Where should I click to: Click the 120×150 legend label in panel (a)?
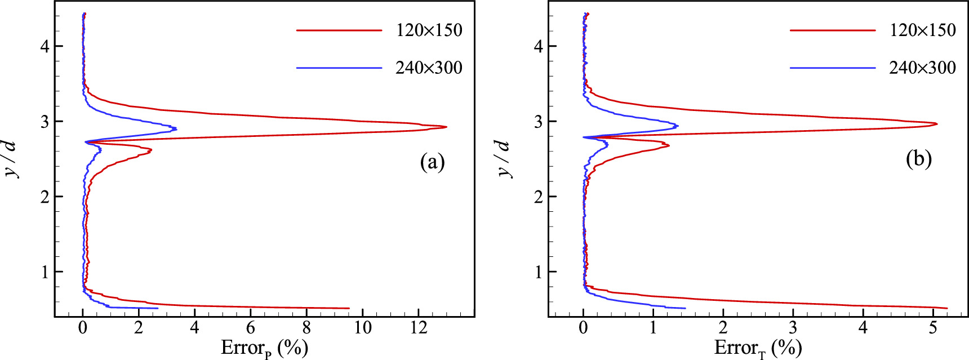[429, 30]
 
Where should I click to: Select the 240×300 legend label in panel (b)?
[922, 68]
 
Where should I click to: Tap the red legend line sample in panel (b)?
[833, 30]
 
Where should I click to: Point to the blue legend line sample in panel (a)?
[339, 68]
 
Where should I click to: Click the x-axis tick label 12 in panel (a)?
[419, 328]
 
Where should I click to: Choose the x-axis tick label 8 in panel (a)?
[306, 328]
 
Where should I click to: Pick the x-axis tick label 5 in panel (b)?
[933, 328]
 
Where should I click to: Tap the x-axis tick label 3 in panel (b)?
[793, 328]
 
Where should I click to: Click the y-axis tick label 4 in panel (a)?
[45, 46]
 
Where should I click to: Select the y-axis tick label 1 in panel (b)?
[538, 272]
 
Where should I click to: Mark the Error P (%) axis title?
[264, 348]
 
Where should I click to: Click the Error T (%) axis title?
[758, 348]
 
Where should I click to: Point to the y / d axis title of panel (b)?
[504, 158]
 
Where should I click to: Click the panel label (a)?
[432, 162]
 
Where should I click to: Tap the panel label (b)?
[919, 159]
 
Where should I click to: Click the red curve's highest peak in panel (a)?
[446, 127]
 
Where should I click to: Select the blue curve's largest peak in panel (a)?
[176, 128]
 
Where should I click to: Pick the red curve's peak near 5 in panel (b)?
[936, 123]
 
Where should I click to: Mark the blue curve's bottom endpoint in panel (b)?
[685, 308]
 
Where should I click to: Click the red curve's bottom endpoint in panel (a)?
[349, 308]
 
